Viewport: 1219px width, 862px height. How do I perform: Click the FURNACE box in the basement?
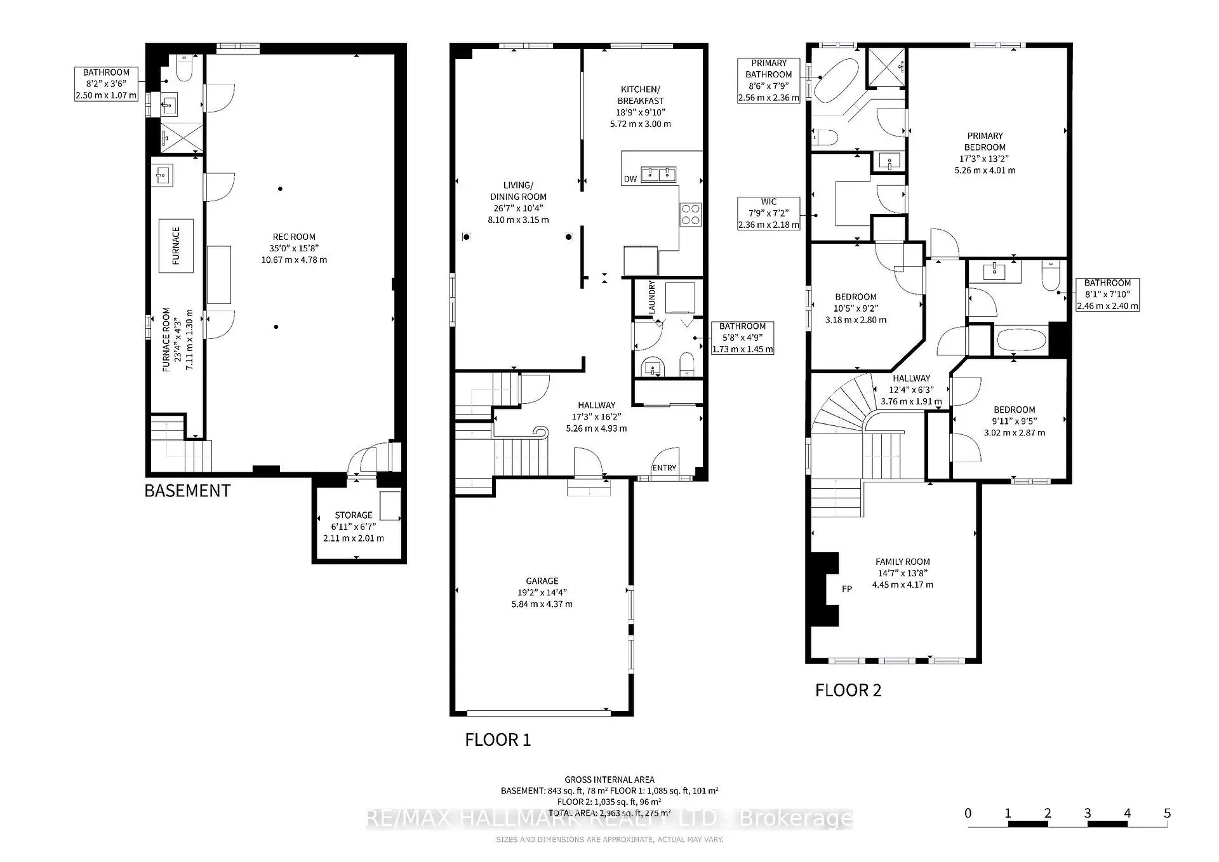pyautogui.click(x=176, y=246)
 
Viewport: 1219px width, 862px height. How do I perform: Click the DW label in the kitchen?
pyautogui.click(x=630, y=179)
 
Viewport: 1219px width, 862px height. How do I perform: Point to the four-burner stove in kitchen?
pyautogui.click(x=691, y=213)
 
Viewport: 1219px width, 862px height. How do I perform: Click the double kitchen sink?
pyautogui.click(x=658, y=173)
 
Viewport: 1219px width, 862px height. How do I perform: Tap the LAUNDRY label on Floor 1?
pyautogui.click(x=651, y=296)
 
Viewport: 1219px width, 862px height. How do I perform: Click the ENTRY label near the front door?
pyautogui.click(x=664, y=468)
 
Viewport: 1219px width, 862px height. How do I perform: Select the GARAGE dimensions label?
pyautogui.click(x=542, y=592)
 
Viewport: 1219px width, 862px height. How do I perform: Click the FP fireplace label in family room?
pyautogui.click(x=846, y=589)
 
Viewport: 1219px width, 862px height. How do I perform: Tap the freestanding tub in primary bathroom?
pyautogui.click(x=837, y=81)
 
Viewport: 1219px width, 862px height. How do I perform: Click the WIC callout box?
pyautogui.click(x=768, y=213)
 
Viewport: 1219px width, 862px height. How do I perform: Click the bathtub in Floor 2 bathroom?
pyautogui.click(x=1022, y=340)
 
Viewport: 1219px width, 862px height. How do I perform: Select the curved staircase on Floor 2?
pyautogui.click(x=844, y=406)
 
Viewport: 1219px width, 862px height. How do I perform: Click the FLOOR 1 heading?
pyautogui.click(x=498, y=739)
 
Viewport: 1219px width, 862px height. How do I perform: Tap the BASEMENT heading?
pyautogui.click(x=187, y=491)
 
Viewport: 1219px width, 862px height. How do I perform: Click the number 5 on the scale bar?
pyautogui.click(x=1167, y=813)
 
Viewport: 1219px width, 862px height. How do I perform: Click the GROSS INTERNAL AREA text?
pyautogui.click(x=609, y=779)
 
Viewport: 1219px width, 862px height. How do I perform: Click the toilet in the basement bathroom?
pyautogui.click(x=185, y=69)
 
